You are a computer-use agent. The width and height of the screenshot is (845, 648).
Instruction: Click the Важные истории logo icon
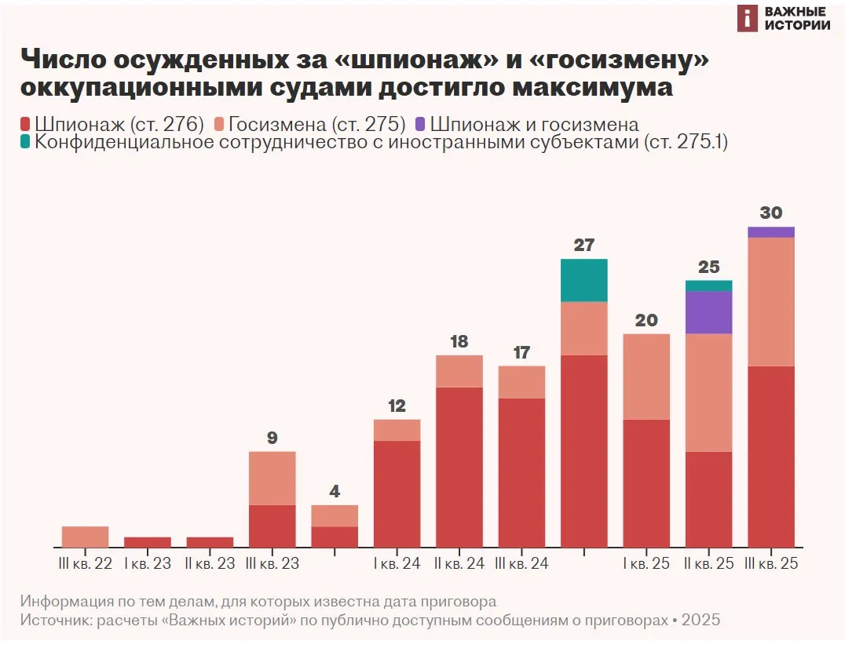click(748, 19)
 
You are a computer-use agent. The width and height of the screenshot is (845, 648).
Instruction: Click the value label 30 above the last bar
click(771, 213)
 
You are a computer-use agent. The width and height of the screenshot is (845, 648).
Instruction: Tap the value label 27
click(584, 245)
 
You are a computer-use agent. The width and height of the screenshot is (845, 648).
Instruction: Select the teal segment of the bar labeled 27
click(584, 280)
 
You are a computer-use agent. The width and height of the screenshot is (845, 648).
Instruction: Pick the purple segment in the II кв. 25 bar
click(709, 312)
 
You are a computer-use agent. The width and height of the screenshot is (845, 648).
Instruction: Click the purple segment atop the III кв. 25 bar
click(771, 231)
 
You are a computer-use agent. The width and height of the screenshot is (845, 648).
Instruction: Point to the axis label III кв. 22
click(85, 563)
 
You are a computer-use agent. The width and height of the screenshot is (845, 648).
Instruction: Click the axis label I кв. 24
click(397, 563)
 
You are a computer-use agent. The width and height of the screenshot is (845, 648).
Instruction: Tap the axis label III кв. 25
click(771, 563)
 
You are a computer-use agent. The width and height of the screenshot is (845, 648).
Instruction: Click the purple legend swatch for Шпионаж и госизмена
click(420, 124)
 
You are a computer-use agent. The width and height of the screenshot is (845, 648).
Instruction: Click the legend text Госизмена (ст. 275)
click(316, 124)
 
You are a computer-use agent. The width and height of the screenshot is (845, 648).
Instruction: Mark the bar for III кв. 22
click(85, 537)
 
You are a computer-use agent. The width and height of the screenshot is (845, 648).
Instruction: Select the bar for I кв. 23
click(148, 542)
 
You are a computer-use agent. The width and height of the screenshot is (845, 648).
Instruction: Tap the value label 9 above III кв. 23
click(273, 438)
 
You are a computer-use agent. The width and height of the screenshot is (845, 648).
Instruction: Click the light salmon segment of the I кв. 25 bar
click(646, 377)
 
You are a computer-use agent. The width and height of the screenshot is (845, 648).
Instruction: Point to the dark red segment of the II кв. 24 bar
click(459, 467)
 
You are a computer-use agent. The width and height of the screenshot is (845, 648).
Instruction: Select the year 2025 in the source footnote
click(701, 620)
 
